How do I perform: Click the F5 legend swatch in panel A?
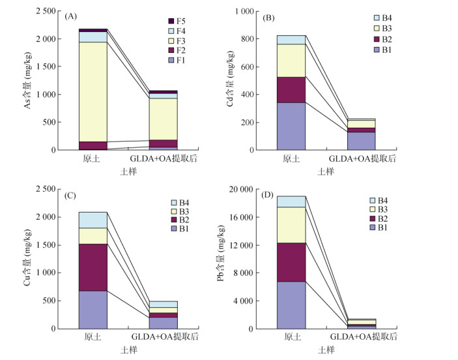(x=171, y=21)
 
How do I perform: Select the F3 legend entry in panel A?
(x=176, y=40)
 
